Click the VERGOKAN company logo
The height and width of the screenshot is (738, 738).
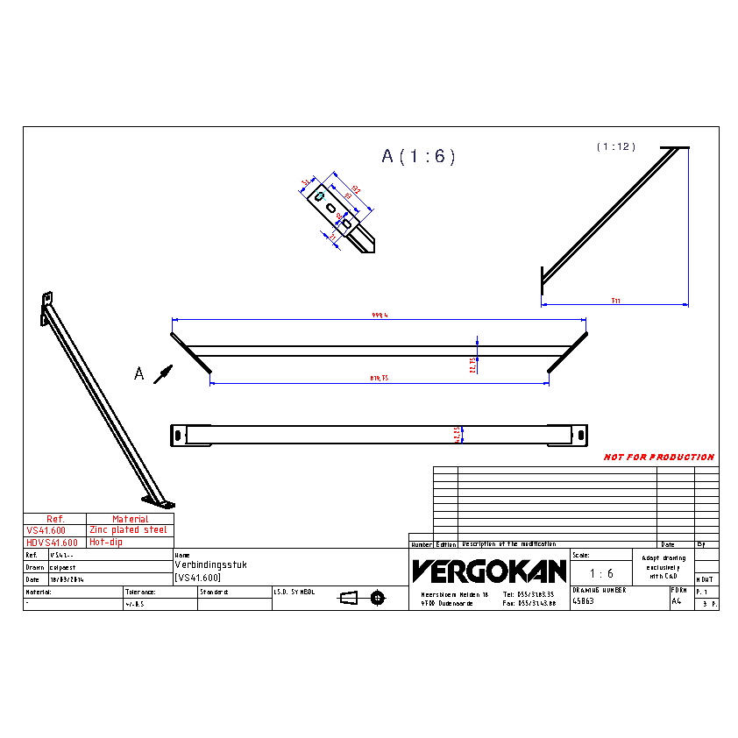(x=489, y=571)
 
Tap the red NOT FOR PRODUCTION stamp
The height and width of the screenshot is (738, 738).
(x=658, y=458)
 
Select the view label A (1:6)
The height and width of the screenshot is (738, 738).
(x=418, y=157)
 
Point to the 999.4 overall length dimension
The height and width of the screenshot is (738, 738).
(x=380, y=316)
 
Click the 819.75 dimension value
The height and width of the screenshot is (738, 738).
(x=380, y=378)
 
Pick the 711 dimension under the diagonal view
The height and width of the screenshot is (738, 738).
(x=616, y=301)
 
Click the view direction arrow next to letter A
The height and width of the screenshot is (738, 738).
(x=161, y=373)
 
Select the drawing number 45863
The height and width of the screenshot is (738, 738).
(x=583, y=602)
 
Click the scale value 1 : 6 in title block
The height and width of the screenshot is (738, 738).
(x=600, y=573)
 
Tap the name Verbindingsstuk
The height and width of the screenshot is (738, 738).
(x=211, y=565)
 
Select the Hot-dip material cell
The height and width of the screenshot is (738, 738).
(x=106, y=543)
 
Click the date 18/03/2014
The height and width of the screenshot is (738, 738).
(x=67, y=579)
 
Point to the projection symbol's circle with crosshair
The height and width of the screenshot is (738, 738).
(x=378, y=598)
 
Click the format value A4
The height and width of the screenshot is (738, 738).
(x=676, y=602)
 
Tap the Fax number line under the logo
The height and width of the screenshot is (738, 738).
(x=529, y=603)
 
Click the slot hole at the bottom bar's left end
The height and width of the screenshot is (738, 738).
(x=179, y=434)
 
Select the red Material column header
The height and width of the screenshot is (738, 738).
(x=130, y=519)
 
